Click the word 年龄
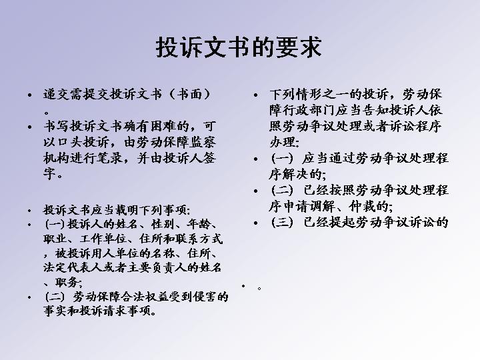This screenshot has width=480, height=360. (x=199, y=225)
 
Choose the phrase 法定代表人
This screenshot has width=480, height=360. (x=73, y=267)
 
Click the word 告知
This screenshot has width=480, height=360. (x=376, y=110)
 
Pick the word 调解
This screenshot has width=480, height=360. (x=322, y=207)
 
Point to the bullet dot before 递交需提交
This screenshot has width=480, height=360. (x=30, y=95)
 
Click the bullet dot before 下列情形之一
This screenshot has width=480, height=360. (x=256, y=95)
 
